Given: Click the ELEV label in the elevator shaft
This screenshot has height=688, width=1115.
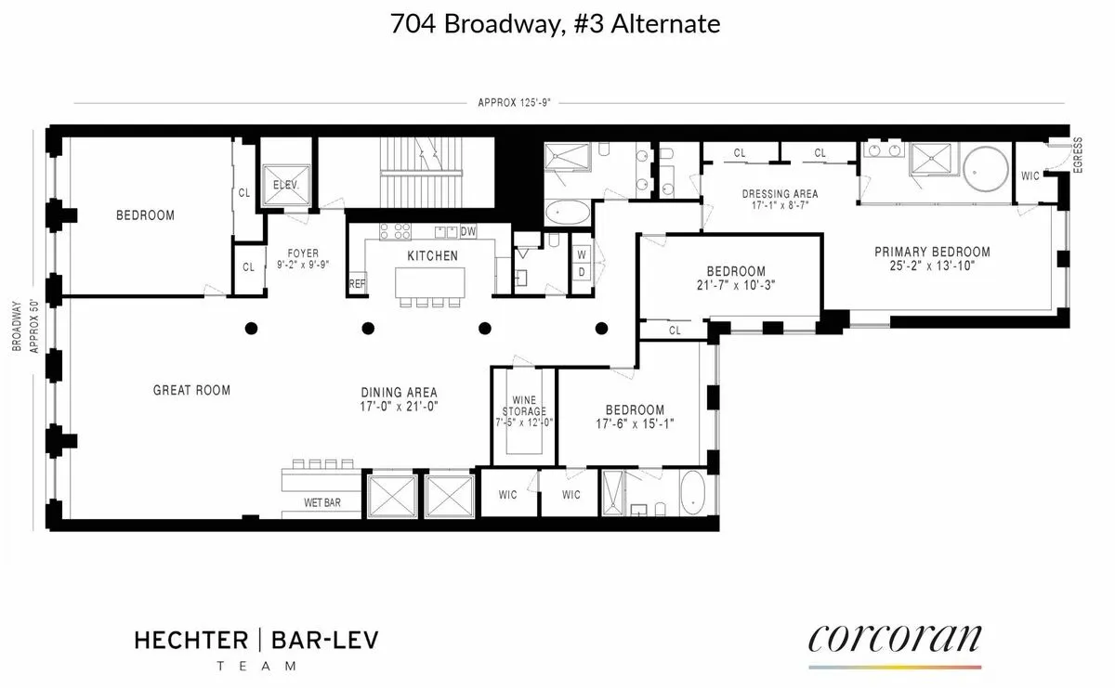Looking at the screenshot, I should [x=284, y=184].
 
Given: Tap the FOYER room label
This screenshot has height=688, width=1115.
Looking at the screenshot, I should [x=303, y=253].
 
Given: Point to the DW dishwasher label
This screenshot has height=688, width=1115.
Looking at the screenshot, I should [x=467, y=231].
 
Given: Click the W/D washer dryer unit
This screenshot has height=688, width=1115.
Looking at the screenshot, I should [x=581, y=262].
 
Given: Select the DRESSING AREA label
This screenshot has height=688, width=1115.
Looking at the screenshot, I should [x=779, y=194].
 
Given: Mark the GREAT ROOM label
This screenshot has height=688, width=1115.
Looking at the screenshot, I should [x=191, y=390].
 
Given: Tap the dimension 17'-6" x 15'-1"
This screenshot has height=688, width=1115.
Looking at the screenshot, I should [x=635, y=424].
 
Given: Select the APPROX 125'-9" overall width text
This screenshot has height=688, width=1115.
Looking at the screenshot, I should [x=514, y=103].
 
